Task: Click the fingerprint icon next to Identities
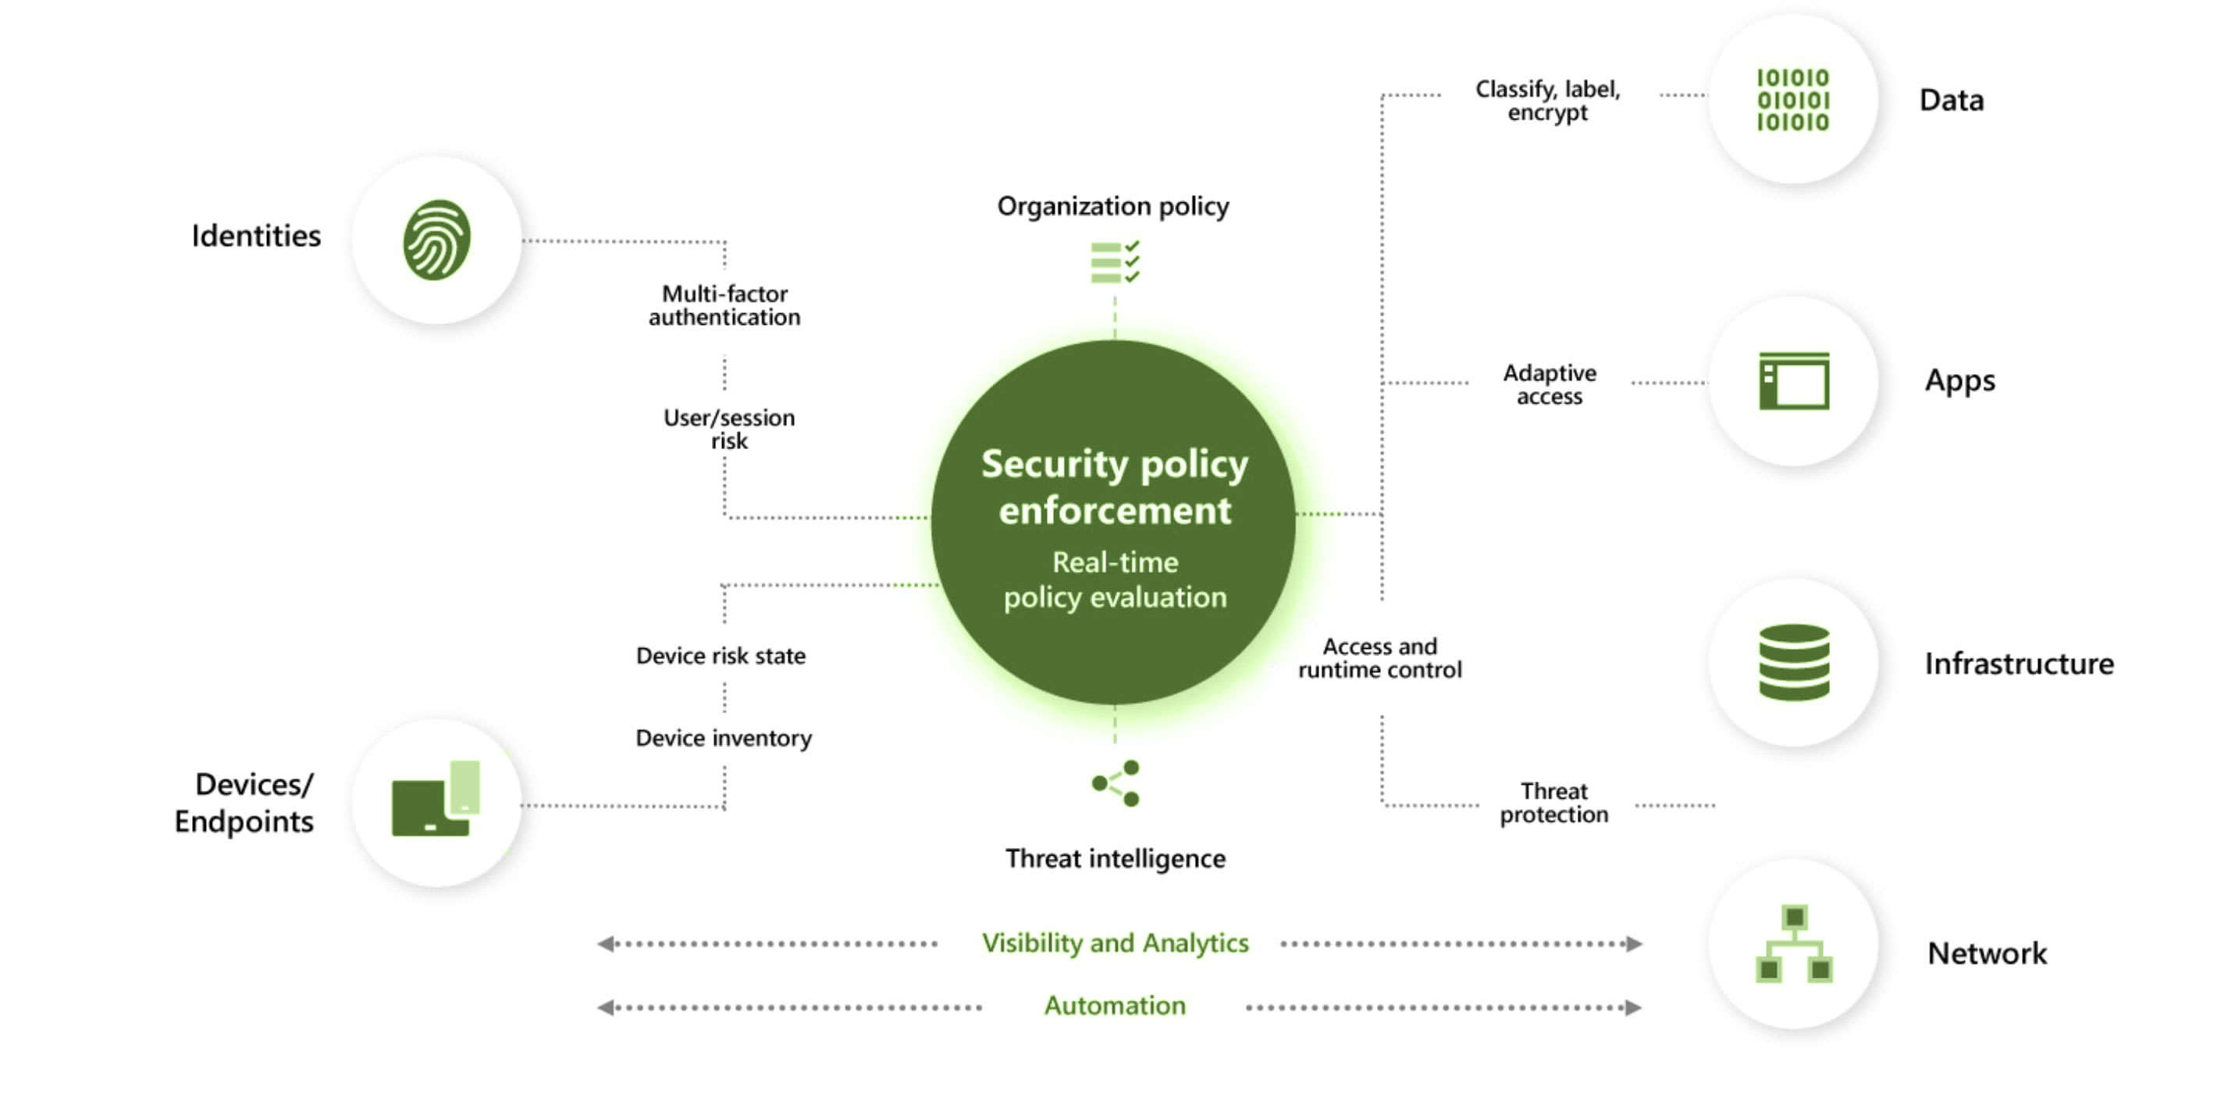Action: [436, 241]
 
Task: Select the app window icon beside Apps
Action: [1794, 380]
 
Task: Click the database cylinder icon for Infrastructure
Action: [1794, 662]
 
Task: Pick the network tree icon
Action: [1794, 943]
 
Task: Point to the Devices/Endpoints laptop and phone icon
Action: [436, 799]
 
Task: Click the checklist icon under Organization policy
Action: [1115, 262]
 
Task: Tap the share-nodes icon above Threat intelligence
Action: [1116, 783]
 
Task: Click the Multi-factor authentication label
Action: [724, 305]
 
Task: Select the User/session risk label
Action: [729, 429]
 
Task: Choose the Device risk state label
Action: [721, 656]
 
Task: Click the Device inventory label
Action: [724, 739]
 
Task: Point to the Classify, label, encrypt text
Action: [1547, 101]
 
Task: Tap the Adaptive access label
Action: [1549, 384]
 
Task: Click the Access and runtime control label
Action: [1379, 657]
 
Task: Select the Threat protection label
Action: [1553, 802]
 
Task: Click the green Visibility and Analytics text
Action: [1115, 943]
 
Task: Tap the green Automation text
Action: [1115, 1007]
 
